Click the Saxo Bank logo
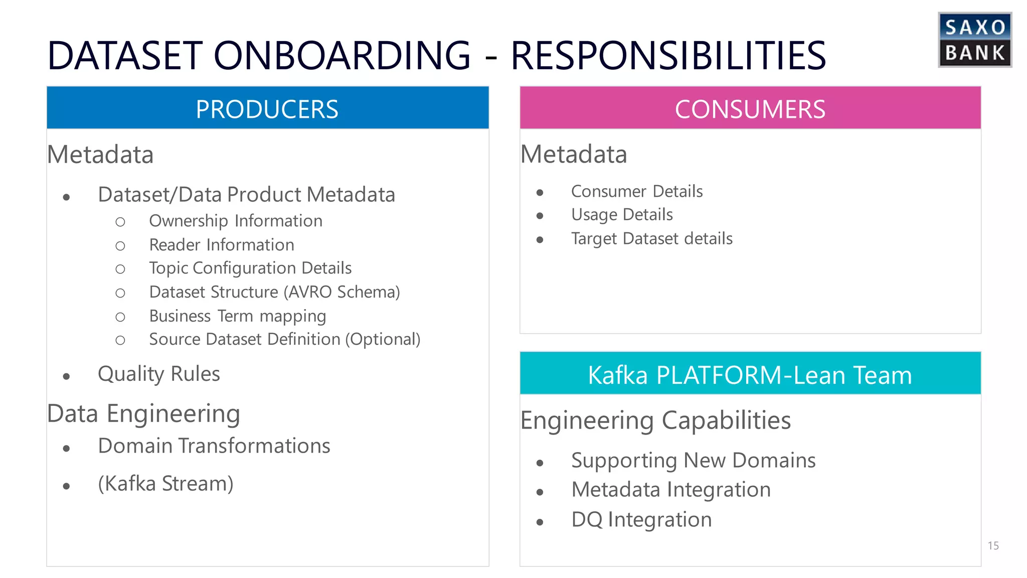pos(974,40)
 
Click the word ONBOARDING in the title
pos(342,55)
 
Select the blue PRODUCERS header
pos(267,108)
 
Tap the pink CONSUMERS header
pos(750,108)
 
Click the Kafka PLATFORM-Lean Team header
pos(750,374)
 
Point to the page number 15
pos(993,545)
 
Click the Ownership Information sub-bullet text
pos(236,221)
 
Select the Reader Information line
pos(222,245)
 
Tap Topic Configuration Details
pos(250,268)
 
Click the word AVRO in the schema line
pos(310,292)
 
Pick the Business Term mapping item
pos(238,316)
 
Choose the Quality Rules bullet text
pos(159,374)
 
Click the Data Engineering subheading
pos(143,414)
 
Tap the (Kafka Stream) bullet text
pos(165,484)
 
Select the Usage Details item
pos(622,215)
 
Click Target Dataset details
pos(652,239)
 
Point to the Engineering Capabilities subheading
pos(655,420)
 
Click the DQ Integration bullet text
pos(641,520)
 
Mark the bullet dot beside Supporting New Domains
pos(540,463)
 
